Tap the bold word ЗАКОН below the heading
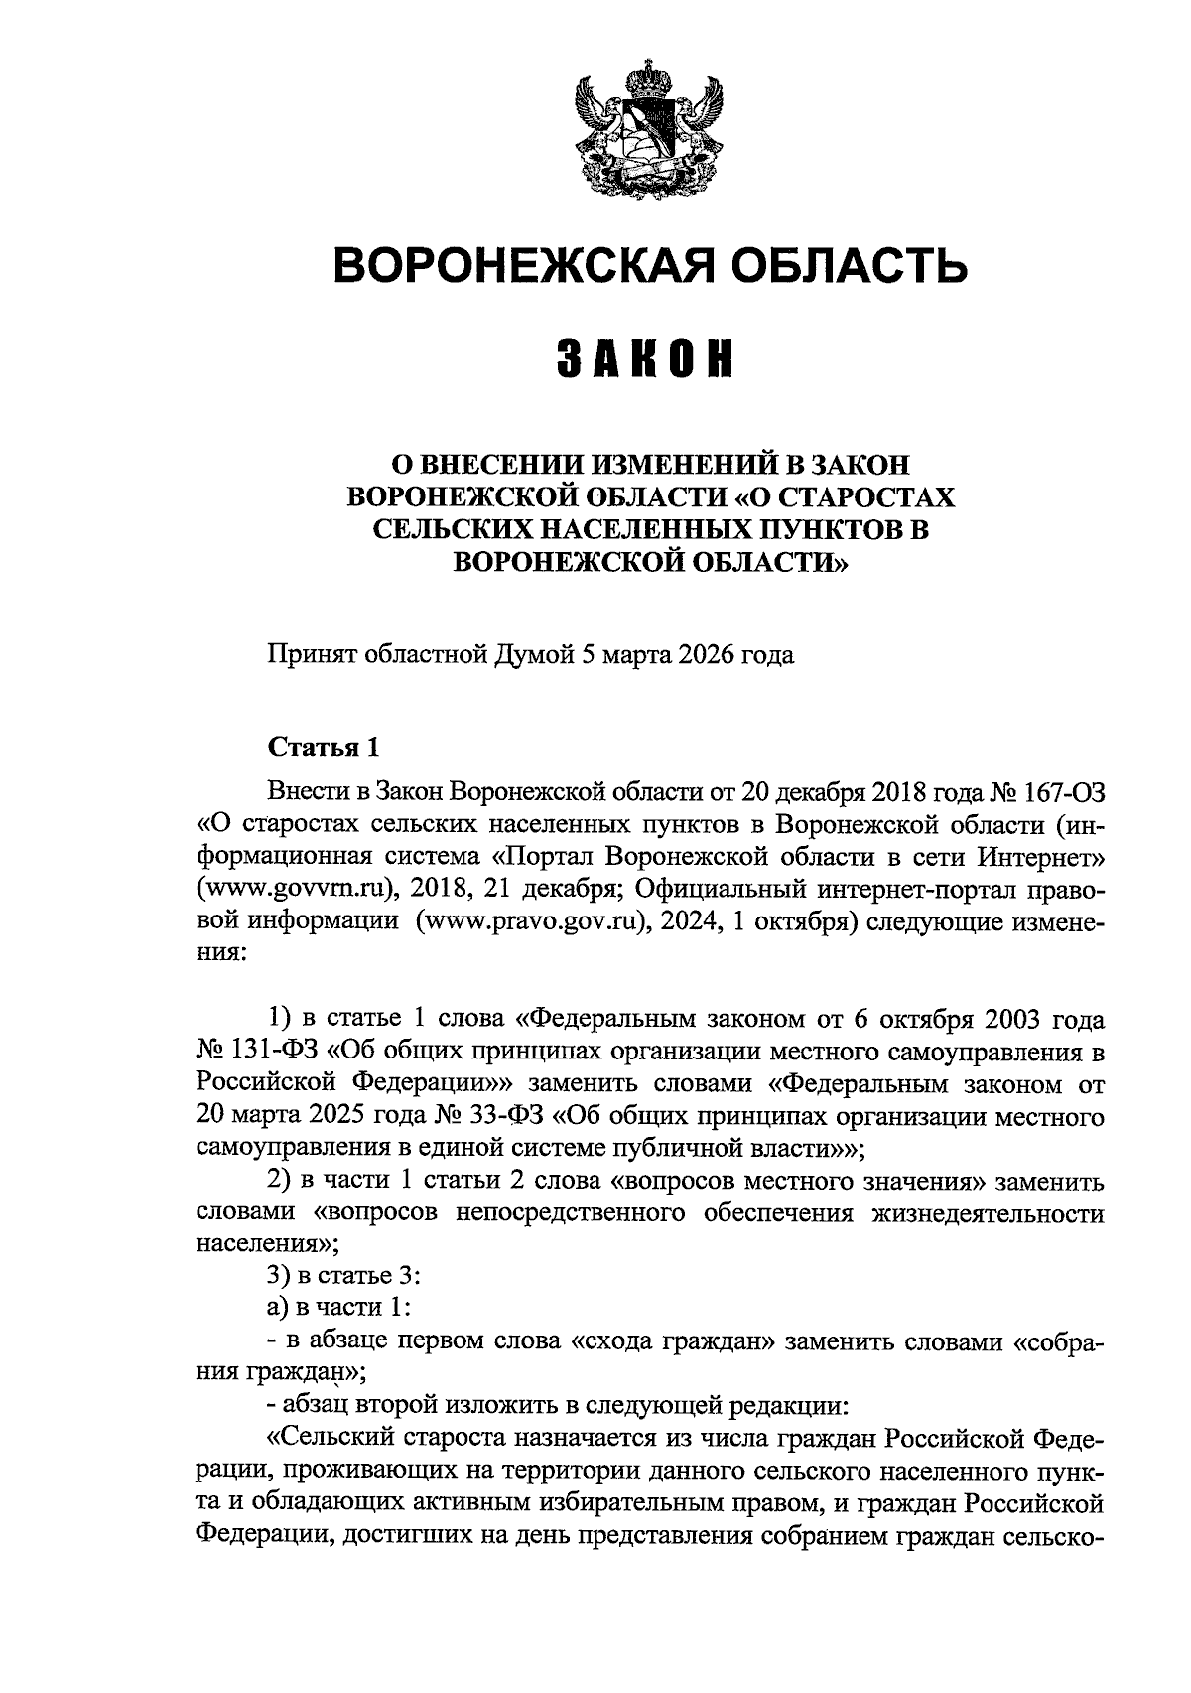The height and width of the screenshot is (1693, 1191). [x=645, y=359]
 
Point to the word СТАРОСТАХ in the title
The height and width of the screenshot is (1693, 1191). [x=855, y=496]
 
